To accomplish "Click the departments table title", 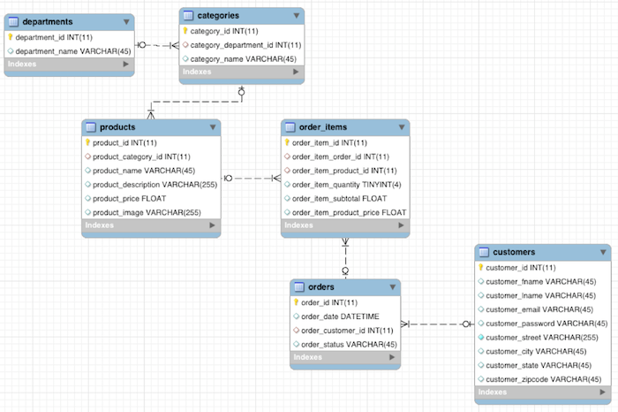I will click(48, 21).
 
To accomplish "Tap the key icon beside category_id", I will click(185, 30).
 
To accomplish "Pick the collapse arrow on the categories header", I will click(296, 15).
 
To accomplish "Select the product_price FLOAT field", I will click(129, 198).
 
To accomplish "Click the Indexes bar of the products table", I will click(150, 226).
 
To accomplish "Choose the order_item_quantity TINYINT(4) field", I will click(346, 184).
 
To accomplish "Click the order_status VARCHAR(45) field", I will click(349, 344).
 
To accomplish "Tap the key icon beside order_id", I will click(297, 302).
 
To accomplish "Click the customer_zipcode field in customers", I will click(537, 379).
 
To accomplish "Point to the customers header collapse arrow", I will click(601, 252).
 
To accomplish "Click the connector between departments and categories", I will click(156, 44).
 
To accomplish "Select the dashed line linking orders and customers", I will click(438, 324).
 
